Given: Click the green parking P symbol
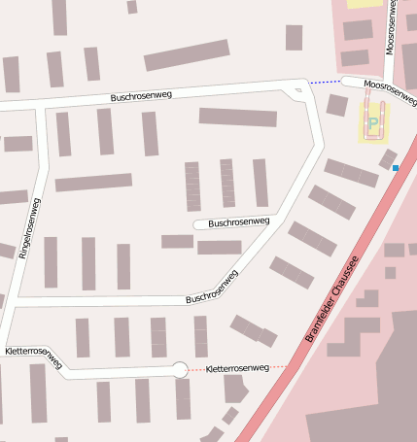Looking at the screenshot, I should pyautogui.click(x=373, y=123).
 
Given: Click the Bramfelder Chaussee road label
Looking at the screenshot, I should pyautogui.click(x=331, y=299).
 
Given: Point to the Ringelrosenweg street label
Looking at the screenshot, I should pyautogui.click(x=30, y=227).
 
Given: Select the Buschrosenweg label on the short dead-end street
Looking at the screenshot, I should pyautogui.click(x=239, y=222).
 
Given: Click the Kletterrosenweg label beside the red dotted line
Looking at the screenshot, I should pyautogui.click(x=239, y=368).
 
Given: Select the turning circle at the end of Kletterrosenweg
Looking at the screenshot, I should pyautogui.click(x=179, y=369).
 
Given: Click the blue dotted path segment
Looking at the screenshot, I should pyautogui.click(x=325, y=83).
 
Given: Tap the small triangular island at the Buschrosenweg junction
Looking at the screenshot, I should pyautogui.click(x=297, y=91).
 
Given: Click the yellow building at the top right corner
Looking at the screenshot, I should pyautogui.click(x=365, y=3).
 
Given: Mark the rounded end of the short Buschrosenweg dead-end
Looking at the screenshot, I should pyautogui.click(x=197, y=224).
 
